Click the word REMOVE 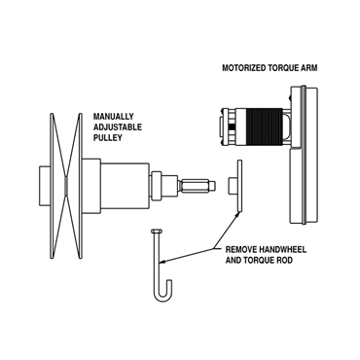point(242,250)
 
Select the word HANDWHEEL point(291,250)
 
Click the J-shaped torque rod point(156,263)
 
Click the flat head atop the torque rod point(156,231)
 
